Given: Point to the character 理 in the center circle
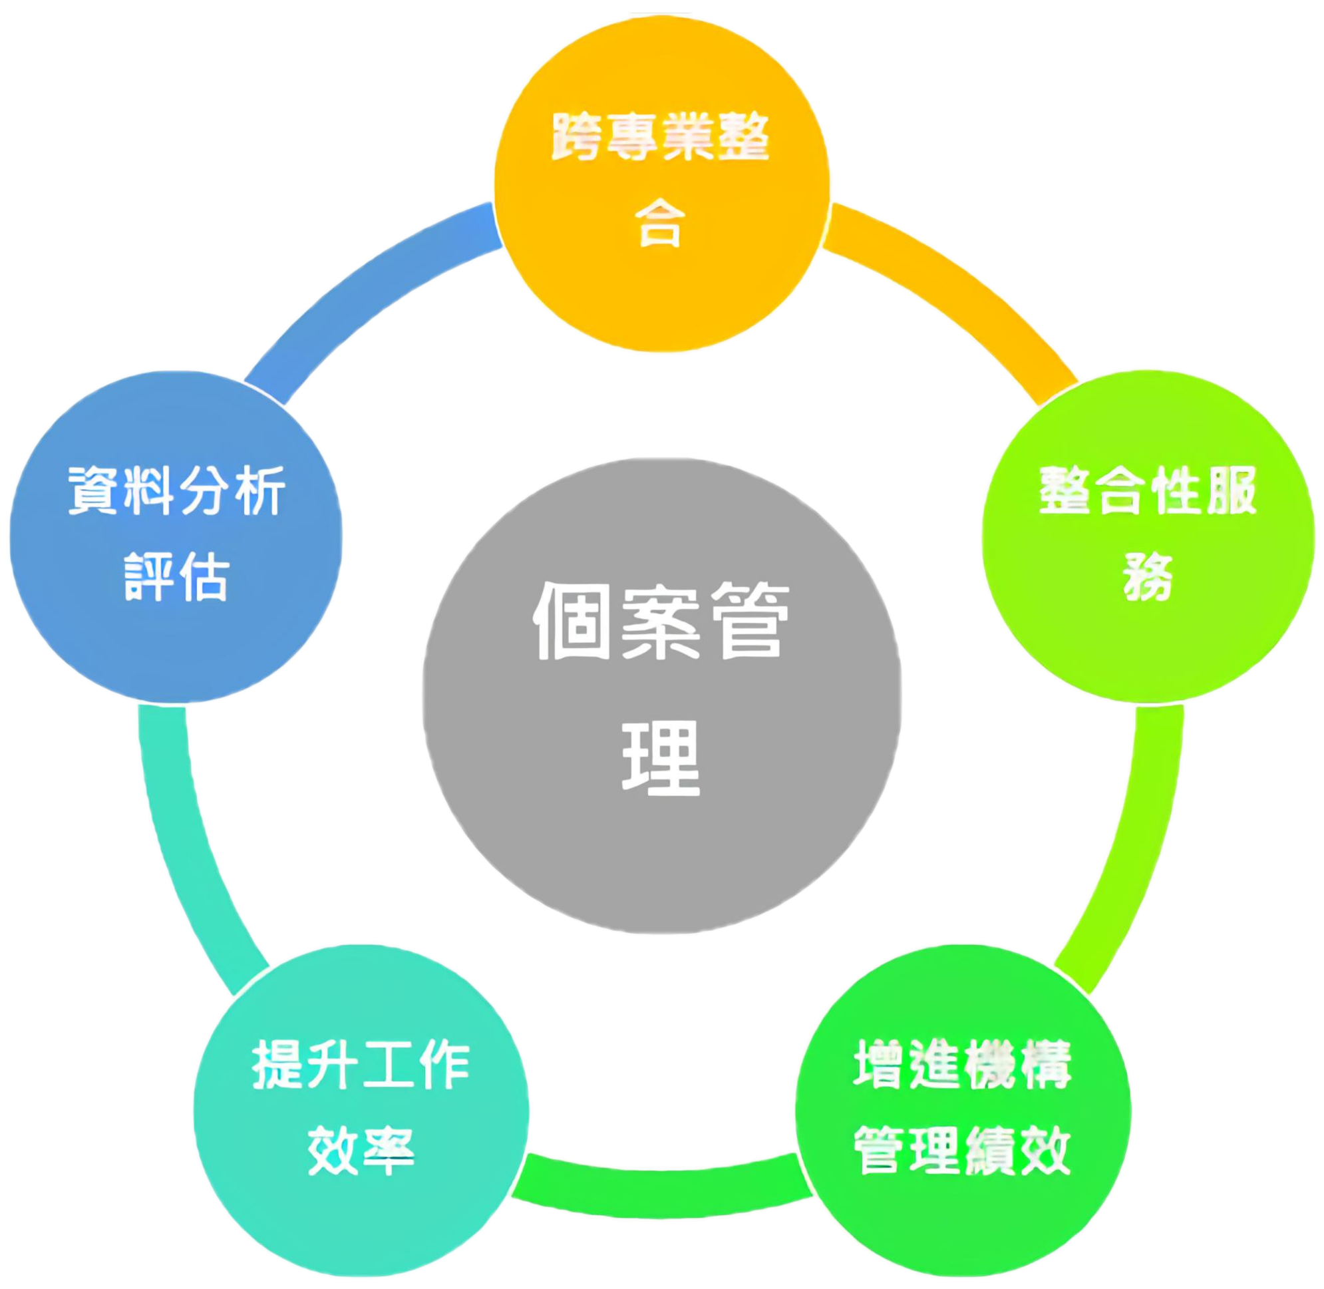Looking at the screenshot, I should [661, 757].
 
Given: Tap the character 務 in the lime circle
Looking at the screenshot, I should [1148, 577].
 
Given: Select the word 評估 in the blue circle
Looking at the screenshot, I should [176, 577].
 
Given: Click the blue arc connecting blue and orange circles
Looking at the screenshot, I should [365, 284].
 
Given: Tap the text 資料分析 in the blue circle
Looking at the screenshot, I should [176, 491].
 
